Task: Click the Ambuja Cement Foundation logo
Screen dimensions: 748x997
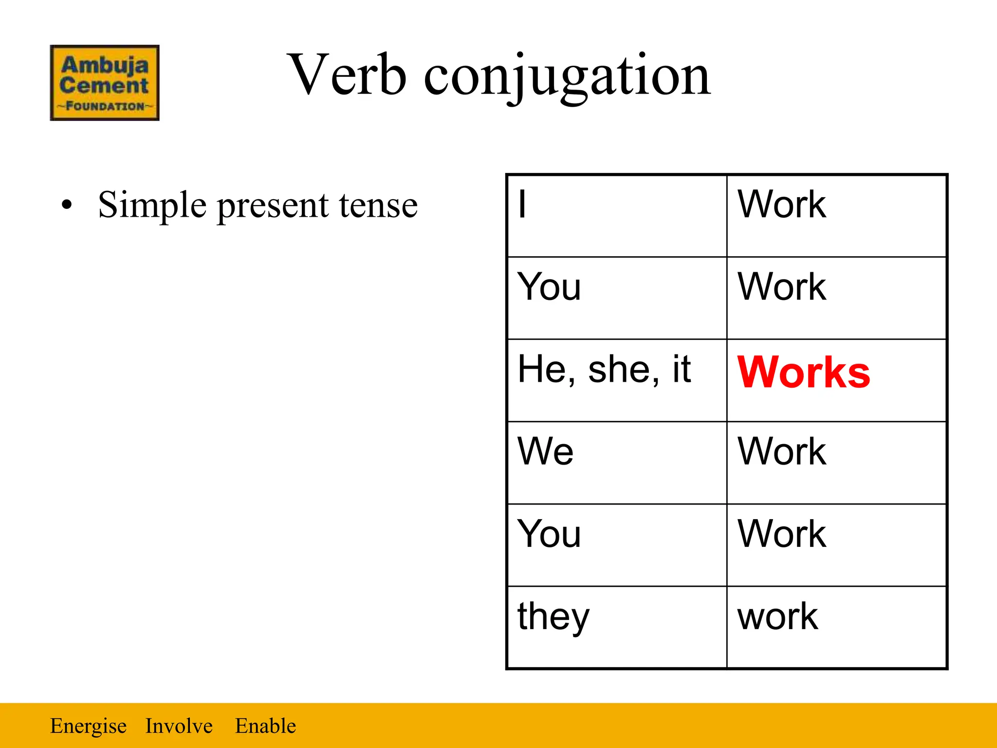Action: (105, 82)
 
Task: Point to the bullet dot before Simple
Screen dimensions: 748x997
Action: (67, 205)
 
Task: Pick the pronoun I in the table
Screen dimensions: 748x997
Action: (522, 204)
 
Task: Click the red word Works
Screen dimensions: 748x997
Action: (804, 373)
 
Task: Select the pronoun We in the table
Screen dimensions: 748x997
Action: (545, 451)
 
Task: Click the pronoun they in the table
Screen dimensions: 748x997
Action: (553, 617)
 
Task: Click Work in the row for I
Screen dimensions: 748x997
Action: (782, 204)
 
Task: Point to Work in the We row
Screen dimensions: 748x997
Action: (782, 451)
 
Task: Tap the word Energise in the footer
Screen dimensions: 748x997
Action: (88, 726)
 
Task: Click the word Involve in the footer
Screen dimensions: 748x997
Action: (179, 726)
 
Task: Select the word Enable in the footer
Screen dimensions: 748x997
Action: (265, 726)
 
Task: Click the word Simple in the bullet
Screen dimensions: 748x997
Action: (152, 205)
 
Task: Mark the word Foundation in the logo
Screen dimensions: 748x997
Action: (105, 106)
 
